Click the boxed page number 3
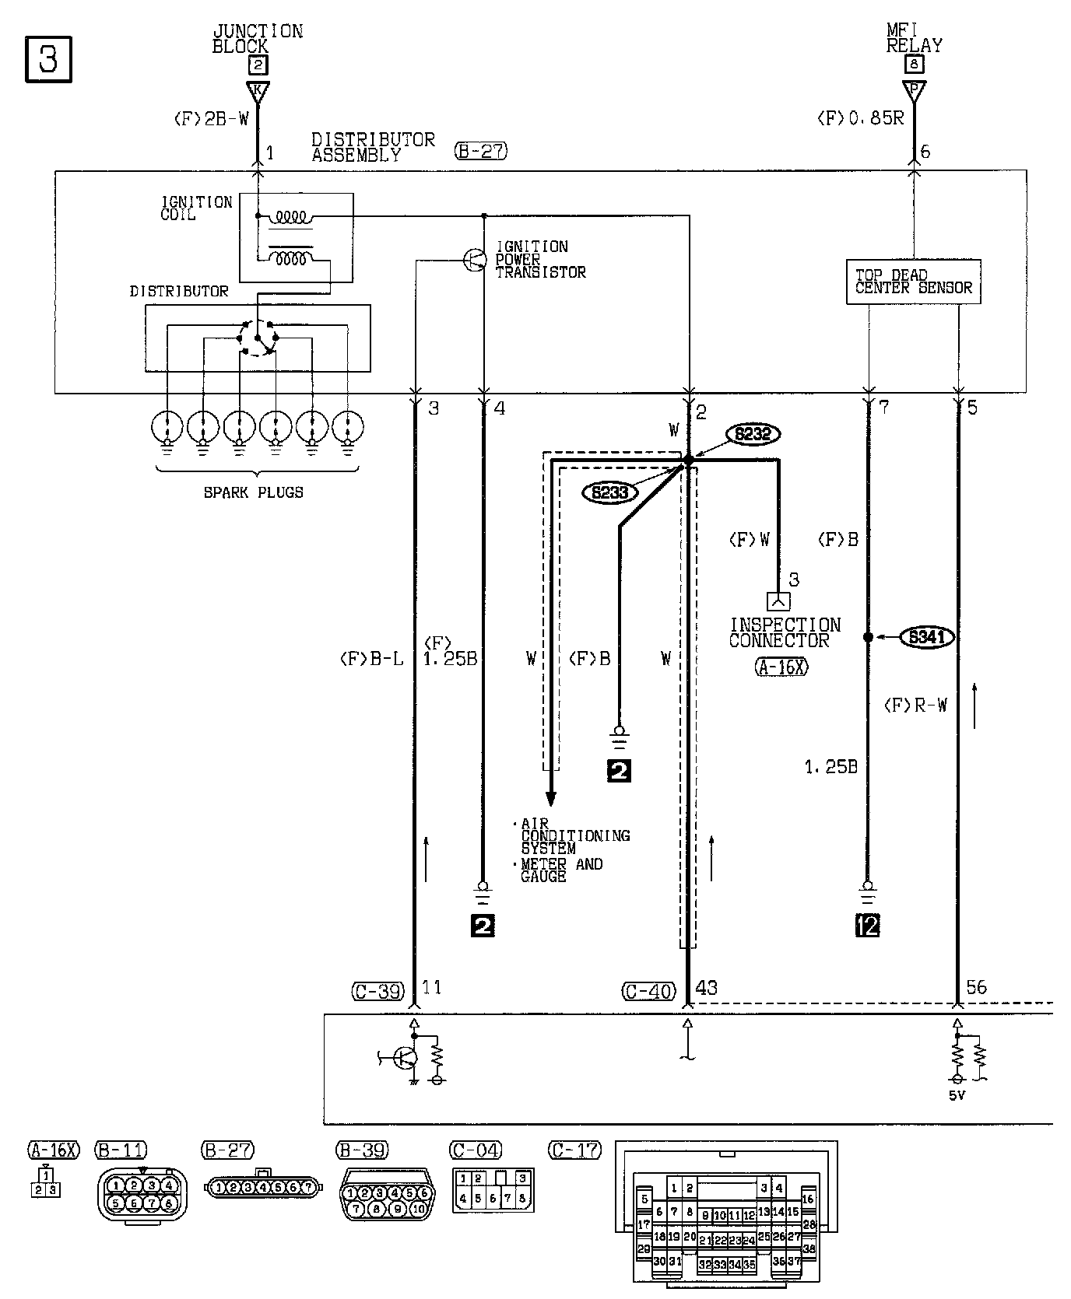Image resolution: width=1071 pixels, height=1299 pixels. click(x=48, y=59)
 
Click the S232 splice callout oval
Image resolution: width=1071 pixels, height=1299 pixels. click(x=753, y=434)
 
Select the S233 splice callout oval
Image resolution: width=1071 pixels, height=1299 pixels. click(x=610, y=492)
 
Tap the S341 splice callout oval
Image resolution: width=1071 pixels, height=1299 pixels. click(x=927, y=638)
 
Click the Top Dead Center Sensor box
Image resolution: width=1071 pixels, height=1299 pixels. click(x=913, y=282)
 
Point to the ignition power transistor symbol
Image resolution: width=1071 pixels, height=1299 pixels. click(x=474, y=260)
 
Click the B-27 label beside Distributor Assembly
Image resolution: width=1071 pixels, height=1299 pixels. click(x=481, y=151)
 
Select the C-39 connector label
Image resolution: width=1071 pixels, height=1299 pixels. click(x=377, y=991)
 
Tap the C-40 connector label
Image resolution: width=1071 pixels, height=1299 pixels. click(x=649, y=991)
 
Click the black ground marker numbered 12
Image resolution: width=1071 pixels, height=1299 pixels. click(x=868, y=925)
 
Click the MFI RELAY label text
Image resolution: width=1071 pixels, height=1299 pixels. click(x=914, y=38)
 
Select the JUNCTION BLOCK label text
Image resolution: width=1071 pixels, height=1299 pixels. click(x=257, y=38)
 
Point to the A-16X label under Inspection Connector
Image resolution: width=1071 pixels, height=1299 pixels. click(x=781, y=667)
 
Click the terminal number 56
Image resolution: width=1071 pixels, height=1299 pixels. click(x=976, y=987)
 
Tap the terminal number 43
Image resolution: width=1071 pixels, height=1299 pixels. click(x=706, y=988)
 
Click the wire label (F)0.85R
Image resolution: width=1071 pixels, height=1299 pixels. click(x=860, y=119)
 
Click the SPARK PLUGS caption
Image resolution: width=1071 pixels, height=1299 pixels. click(x=254, y=492)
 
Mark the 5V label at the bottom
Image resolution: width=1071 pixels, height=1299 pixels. click(x=957, y=1095)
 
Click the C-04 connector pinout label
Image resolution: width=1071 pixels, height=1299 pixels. click(x=476, y=1150)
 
